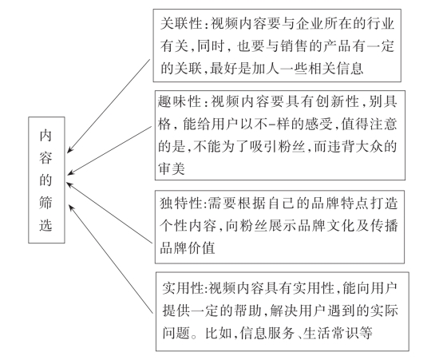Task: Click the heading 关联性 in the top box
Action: (181, 23)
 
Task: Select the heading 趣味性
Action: (179, 101)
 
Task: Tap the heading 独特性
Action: (181, 203)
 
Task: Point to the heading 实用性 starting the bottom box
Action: (183, 288)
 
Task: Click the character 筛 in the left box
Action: (45, 202)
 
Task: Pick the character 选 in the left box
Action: (45, 224)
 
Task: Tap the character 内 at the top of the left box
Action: (45, 136)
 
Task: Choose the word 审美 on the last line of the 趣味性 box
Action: (172, 168)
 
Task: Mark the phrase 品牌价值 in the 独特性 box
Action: (188, 247)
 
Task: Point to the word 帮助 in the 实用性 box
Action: (247, 311)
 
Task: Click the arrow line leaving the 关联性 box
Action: (109, 106)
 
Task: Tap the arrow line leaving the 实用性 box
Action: (111, 259)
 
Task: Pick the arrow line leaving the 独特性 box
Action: (109, 213)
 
